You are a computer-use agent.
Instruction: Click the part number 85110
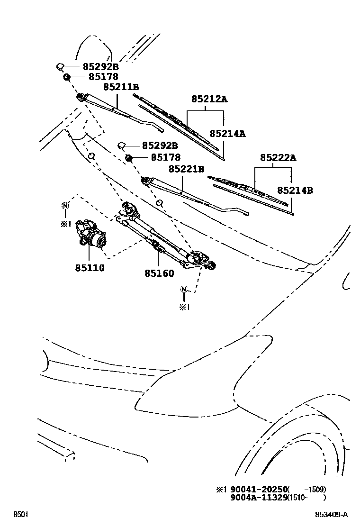[x=90, y=268]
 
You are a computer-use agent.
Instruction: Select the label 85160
[x=160, y=273]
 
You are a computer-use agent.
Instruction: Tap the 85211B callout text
[x=121, y=87]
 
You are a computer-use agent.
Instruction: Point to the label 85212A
[x=209, y=99]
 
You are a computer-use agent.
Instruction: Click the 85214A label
[x=228, y=134]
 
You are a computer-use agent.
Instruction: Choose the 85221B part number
[x=186, y=169]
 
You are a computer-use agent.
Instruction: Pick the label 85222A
[x=279, y=157]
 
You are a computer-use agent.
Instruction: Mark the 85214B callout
[x=295, y=190]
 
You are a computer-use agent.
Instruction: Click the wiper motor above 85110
[x=90, y=233]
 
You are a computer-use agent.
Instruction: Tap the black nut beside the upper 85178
[x=66, y=77]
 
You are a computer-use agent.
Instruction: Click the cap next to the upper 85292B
[x=61, y=66]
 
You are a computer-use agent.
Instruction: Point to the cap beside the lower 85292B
[x=122, y=145]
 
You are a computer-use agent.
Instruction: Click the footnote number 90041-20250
[x=258, y=489]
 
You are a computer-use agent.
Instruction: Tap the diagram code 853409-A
[x=332, y=514]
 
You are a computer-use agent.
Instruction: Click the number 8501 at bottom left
[x=20, y=514]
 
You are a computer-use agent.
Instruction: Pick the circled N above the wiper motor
[x=65, y=206]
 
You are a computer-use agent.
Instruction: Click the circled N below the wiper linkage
[x=184, y=289]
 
